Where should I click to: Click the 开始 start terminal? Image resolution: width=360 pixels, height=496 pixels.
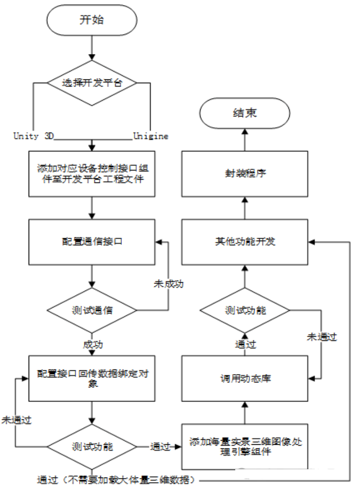[x=92, y=20]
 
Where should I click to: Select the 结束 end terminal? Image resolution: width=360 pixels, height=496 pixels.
[x=244, y=113]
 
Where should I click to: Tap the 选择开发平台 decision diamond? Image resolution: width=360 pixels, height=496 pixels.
[x=92, y=83]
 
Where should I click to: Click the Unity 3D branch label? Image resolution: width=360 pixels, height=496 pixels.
[x=33, y=136]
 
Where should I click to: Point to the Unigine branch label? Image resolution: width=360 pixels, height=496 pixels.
[x=151, y=136]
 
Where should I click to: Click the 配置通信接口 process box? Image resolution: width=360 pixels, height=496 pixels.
[x=92, y=242]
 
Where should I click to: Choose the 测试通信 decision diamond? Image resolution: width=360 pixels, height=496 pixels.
[x=92, y=310]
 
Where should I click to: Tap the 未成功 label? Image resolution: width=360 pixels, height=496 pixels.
[x=168, y=284]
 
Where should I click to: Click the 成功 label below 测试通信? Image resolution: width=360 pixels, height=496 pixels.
[x=92, y=345]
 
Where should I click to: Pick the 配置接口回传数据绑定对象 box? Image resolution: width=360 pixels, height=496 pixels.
[x=92, y=378]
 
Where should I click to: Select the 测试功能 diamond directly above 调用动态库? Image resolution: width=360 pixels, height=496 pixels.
[x=245, y=310]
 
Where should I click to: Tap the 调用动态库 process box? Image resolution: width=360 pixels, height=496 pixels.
[x=245, y=378]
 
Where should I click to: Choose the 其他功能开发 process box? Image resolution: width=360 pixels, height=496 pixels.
[x=245, y=242]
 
